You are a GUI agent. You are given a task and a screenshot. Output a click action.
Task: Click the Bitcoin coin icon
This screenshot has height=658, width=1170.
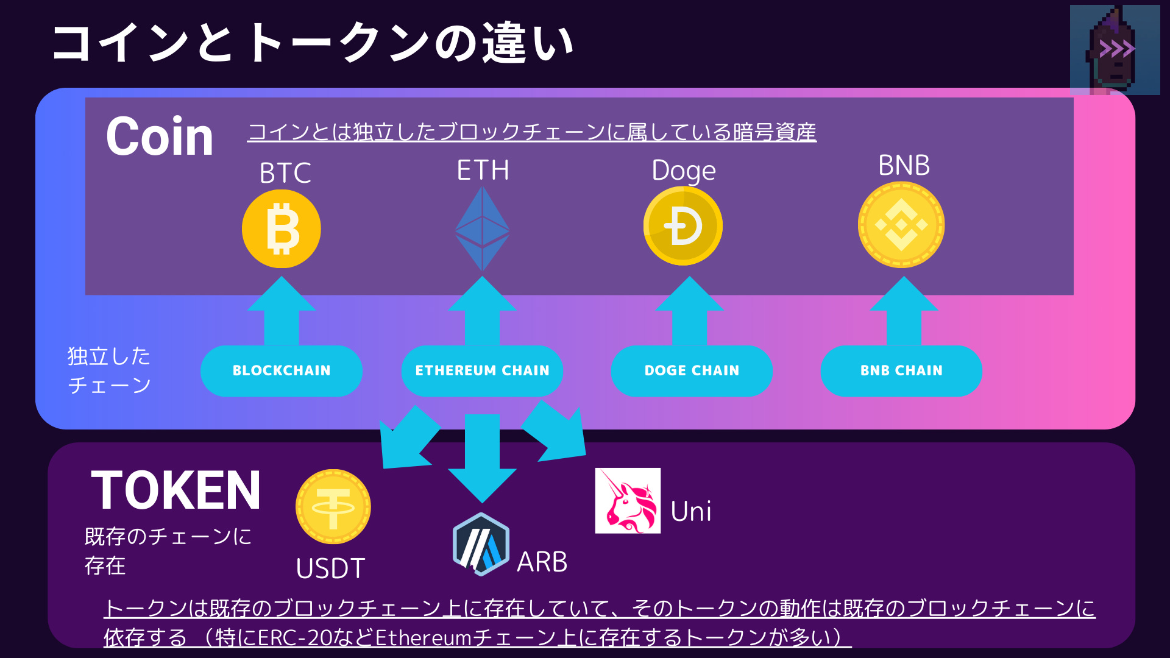282,229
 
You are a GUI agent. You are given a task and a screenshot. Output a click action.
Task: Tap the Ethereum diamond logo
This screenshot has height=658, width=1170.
483,229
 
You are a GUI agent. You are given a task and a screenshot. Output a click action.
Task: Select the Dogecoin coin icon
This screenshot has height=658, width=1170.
683,226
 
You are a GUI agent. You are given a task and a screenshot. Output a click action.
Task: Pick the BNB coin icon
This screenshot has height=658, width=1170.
901,225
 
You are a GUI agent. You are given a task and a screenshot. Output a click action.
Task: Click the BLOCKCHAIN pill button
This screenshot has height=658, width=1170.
282,370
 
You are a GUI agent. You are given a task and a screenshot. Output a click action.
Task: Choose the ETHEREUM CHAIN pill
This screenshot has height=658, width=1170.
482,370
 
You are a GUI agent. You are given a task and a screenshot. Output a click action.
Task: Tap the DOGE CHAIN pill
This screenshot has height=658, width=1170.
692,370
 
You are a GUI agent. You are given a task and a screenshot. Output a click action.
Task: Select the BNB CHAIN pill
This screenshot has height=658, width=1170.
901,370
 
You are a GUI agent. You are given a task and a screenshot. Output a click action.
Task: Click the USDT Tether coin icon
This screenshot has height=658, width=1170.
333,506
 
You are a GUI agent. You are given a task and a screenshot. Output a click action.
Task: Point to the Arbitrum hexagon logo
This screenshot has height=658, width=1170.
481,545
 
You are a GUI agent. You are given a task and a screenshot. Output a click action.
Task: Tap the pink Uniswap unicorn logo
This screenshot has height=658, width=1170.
628,501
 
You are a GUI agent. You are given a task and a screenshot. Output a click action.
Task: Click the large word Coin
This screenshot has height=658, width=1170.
160,136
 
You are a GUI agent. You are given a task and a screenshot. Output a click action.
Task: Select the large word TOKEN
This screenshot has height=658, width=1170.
176,490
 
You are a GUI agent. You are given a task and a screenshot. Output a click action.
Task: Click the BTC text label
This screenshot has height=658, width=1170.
285,173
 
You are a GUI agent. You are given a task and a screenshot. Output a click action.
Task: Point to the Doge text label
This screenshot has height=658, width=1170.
684,171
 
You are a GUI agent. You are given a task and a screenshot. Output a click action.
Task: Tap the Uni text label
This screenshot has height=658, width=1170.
691,512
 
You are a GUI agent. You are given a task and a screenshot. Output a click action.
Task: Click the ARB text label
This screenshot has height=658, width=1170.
542,562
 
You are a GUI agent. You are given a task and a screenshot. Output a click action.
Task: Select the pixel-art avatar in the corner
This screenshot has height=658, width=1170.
1115,50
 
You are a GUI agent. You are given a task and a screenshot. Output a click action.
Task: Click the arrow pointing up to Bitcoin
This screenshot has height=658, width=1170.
282,311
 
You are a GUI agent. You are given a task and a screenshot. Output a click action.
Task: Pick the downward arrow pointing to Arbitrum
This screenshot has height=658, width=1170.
482,457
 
